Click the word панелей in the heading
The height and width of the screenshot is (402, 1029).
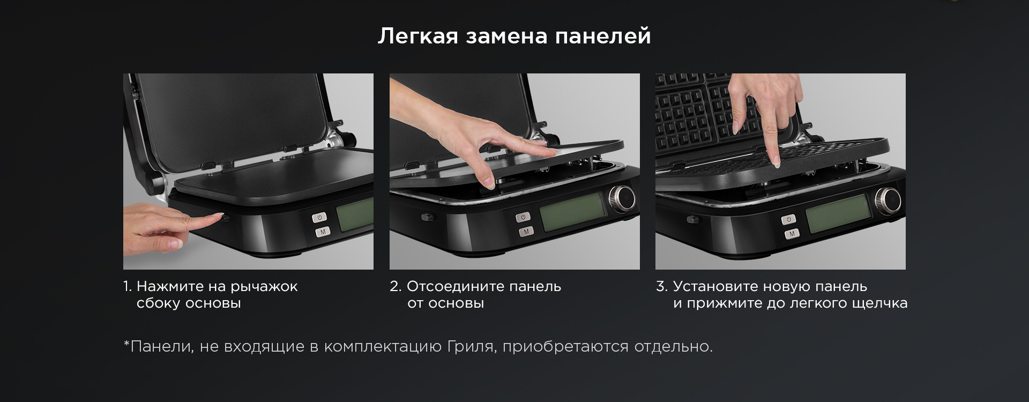[x=602, y=36]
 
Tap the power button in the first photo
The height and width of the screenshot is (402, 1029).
[x=319, y=218]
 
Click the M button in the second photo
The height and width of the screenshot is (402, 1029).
[x=526, y=231]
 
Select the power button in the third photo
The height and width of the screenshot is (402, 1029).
[x=788, y=219]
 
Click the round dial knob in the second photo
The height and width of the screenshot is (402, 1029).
[x=622, y=198]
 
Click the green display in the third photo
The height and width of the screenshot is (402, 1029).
[x=837, y=214]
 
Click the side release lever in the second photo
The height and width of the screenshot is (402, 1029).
[x=428, y=217]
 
